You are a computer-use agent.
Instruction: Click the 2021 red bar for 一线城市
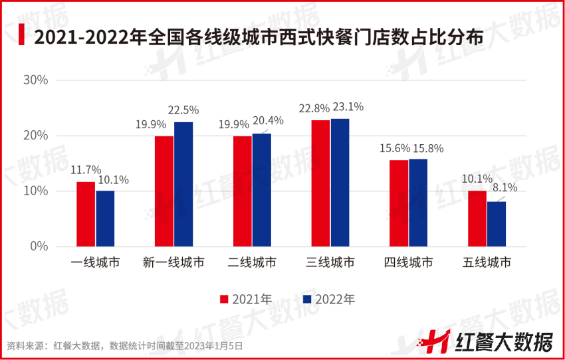[x=86, y=214]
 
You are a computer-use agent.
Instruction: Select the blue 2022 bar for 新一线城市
[x=183, y=184]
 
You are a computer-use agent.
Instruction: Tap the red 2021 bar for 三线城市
[x=320, y=183]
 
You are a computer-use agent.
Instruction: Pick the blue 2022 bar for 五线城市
[x=497, y=224]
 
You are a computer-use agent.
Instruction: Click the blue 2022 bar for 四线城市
[x=418, y=203]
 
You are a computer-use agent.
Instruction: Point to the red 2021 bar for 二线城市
[x=242, y=191]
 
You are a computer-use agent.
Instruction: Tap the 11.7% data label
[x=86, y=170]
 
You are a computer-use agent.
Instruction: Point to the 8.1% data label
[x=503, y=188]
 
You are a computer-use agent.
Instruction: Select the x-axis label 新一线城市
[x=173, y=262]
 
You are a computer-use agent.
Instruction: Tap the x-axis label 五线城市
[x=487, y=262]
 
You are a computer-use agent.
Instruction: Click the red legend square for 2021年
[x=225, y=299]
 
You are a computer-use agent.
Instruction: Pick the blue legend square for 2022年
[x=306, y=299]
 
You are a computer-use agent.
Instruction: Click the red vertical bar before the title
[x=22, y=35]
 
